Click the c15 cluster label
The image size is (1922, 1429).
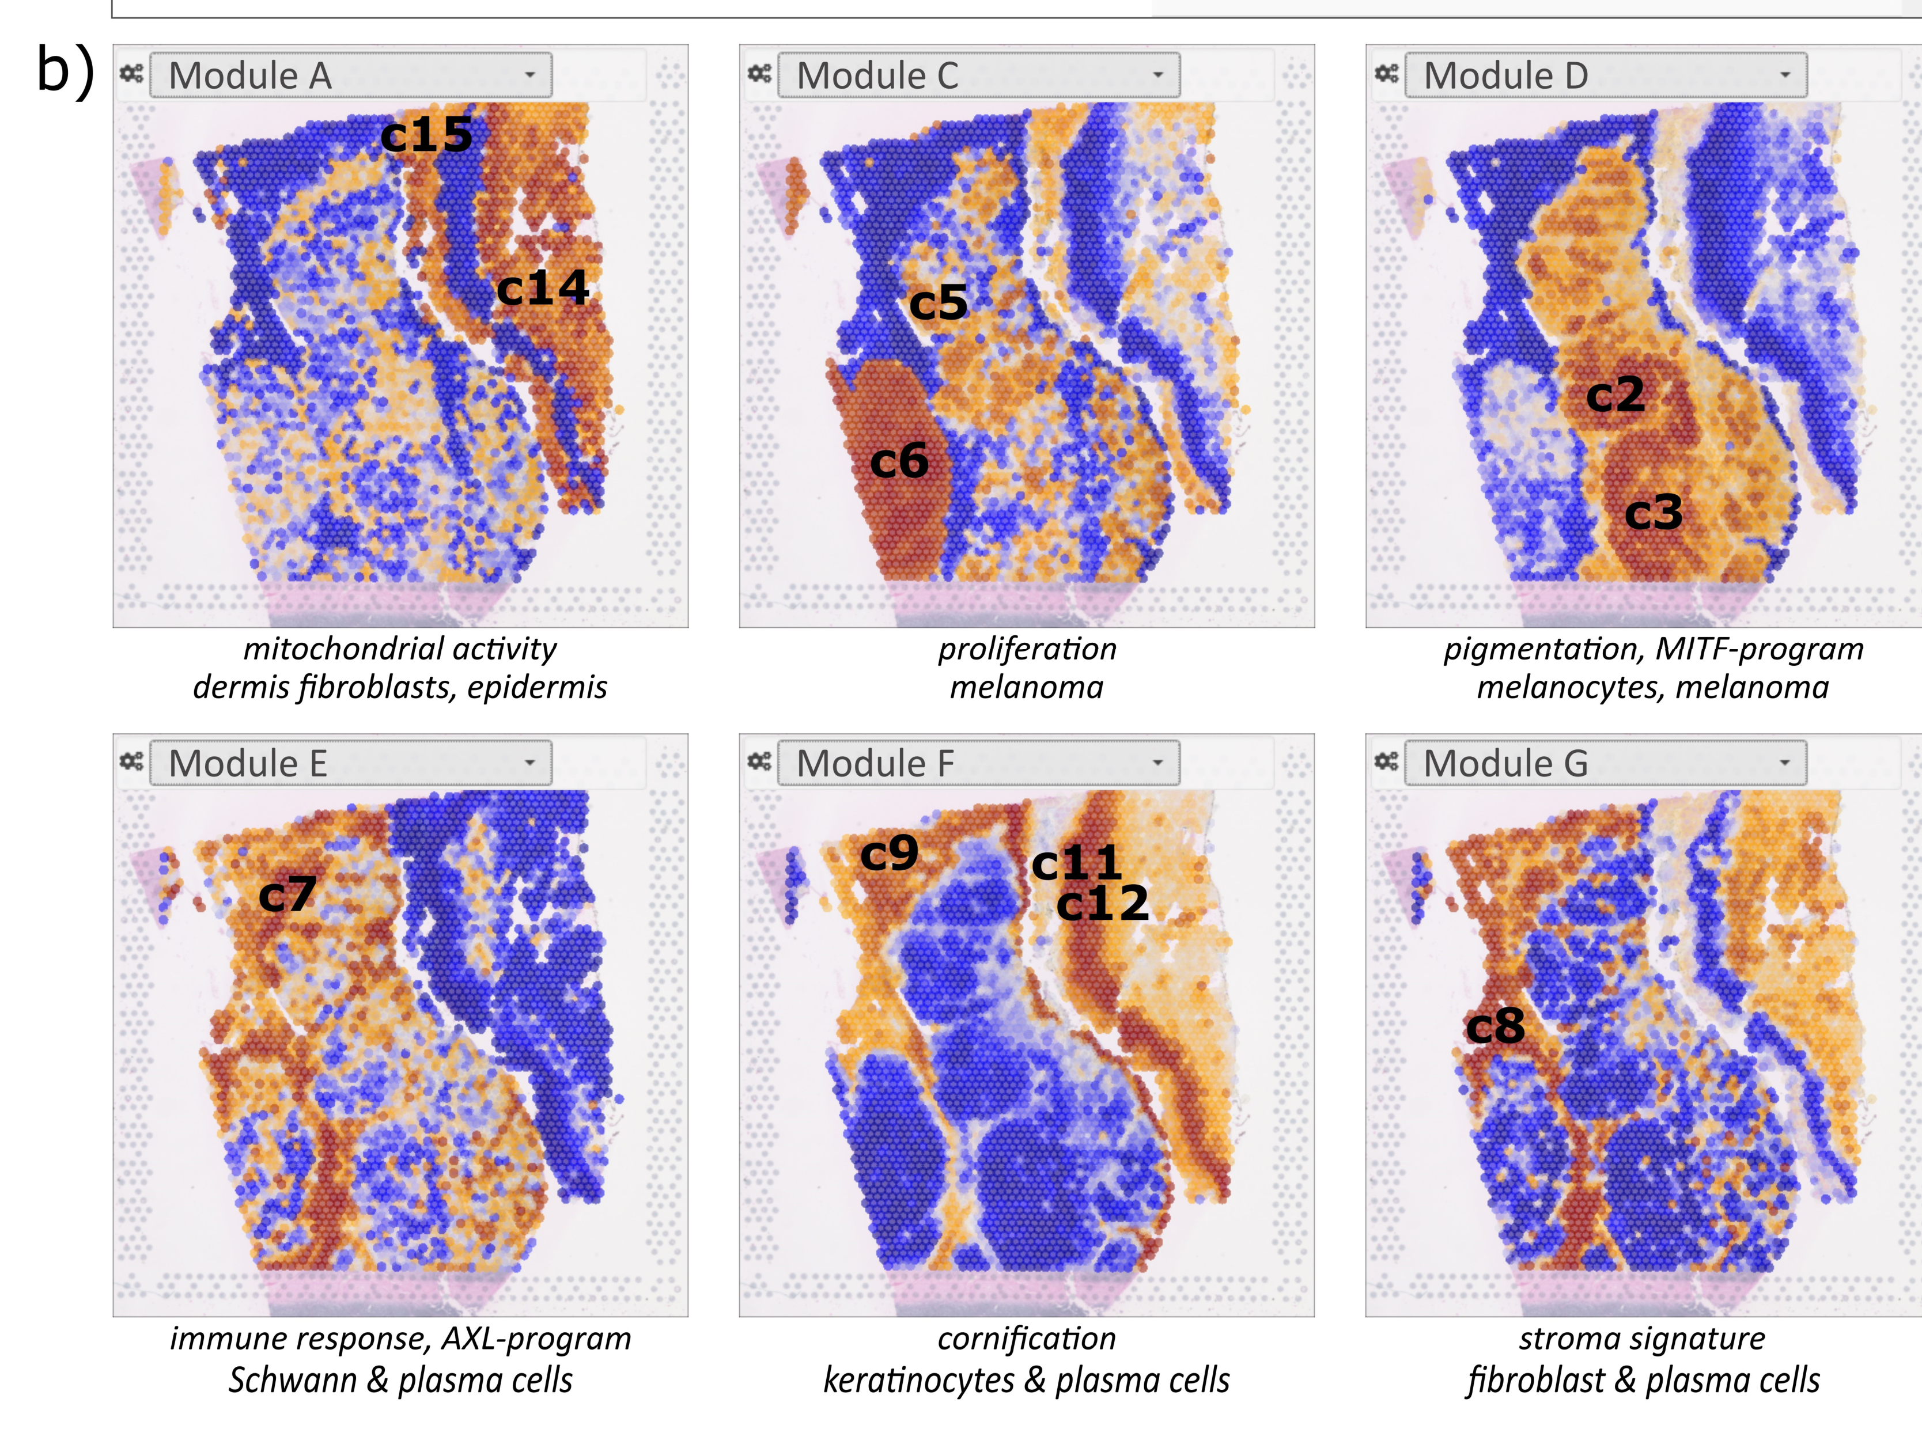coord(426,135)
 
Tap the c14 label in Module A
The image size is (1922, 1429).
coord(543,288)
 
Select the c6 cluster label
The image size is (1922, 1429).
coord(899,461)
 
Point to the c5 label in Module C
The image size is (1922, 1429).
coord(938,302)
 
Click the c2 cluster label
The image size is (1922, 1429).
coord(1615,395)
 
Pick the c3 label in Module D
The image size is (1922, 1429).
coord(1653,512)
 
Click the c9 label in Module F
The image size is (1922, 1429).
coord(889,854)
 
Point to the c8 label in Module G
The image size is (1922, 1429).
coord(1495,1027)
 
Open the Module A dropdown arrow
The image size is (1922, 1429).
coord(529,75)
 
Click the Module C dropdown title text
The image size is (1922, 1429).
coord(877,76)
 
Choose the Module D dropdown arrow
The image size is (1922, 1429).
coord(1784,75)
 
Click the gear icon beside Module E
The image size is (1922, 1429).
coord(131,762)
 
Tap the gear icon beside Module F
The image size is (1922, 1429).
coord(759,762)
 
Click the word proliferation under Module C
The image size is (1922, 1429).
coord(1027,649)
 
